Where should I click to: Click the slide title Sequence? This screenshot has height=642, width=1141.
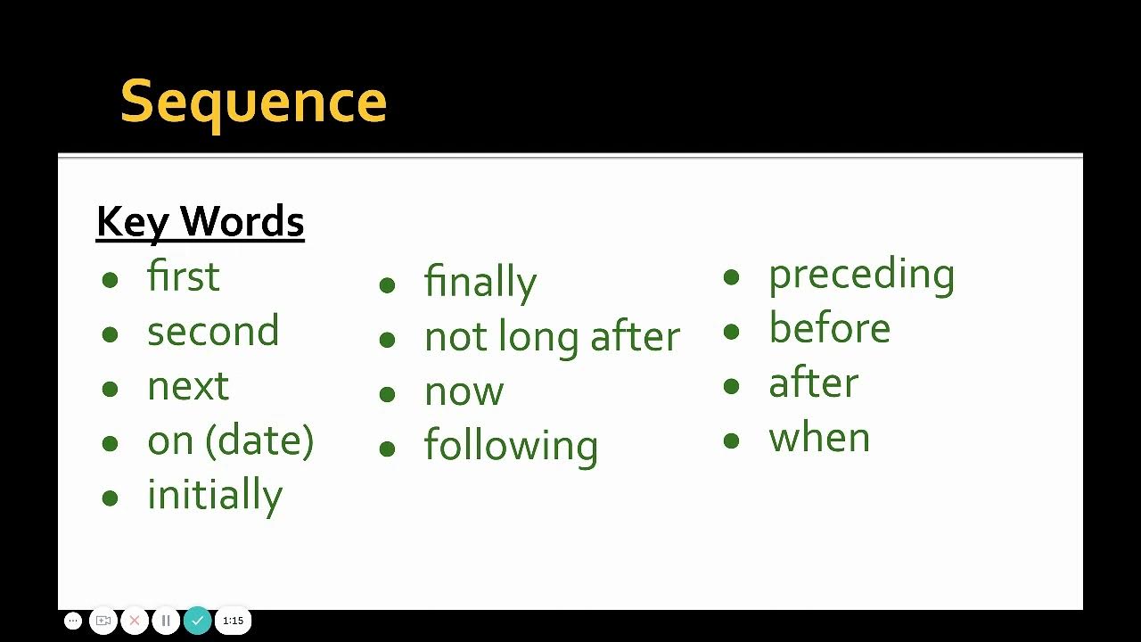[253, 102]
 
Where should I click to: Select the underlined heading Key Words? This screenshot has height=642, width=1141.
[200, 222]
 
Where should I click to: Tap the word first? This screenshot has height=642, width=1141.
[183, 276]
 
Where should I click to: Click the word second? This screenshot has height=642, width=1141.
[213, 331]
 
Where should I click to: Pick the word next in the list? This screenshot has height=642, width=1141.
[188, 386]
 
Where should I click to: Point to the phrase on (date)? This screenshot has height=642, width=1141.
[230, 440]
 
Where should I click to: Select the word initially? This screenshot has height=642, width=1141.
[215, 495]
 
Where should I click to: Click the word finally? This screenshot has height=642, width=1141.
[480, 282]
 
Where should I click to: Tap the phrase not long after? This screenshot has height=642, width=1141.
[552, 337]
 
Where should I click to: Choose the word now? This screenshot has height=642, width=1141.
[464, 391]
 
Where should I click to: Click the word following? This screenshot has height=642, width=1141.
[511, 446]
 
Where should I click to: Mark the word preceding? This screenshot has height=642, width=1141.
[861, 275]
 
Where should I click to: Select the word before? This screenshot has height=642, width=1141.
[829, 328]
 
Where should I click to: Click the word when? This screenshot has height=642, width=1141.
[819, 438]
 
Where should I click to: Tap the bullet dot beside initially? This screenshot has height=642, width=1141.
[110, 498]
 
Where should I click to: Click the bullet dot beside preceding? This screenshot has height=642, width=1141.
[731, 277]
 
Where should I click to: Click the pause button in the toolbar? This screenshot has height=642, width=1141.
[166, 621]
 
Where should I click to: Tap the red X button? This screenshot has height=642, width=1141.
[135, 621]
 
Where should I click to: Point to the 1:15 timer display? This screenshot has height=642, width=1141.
[233, 621]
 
